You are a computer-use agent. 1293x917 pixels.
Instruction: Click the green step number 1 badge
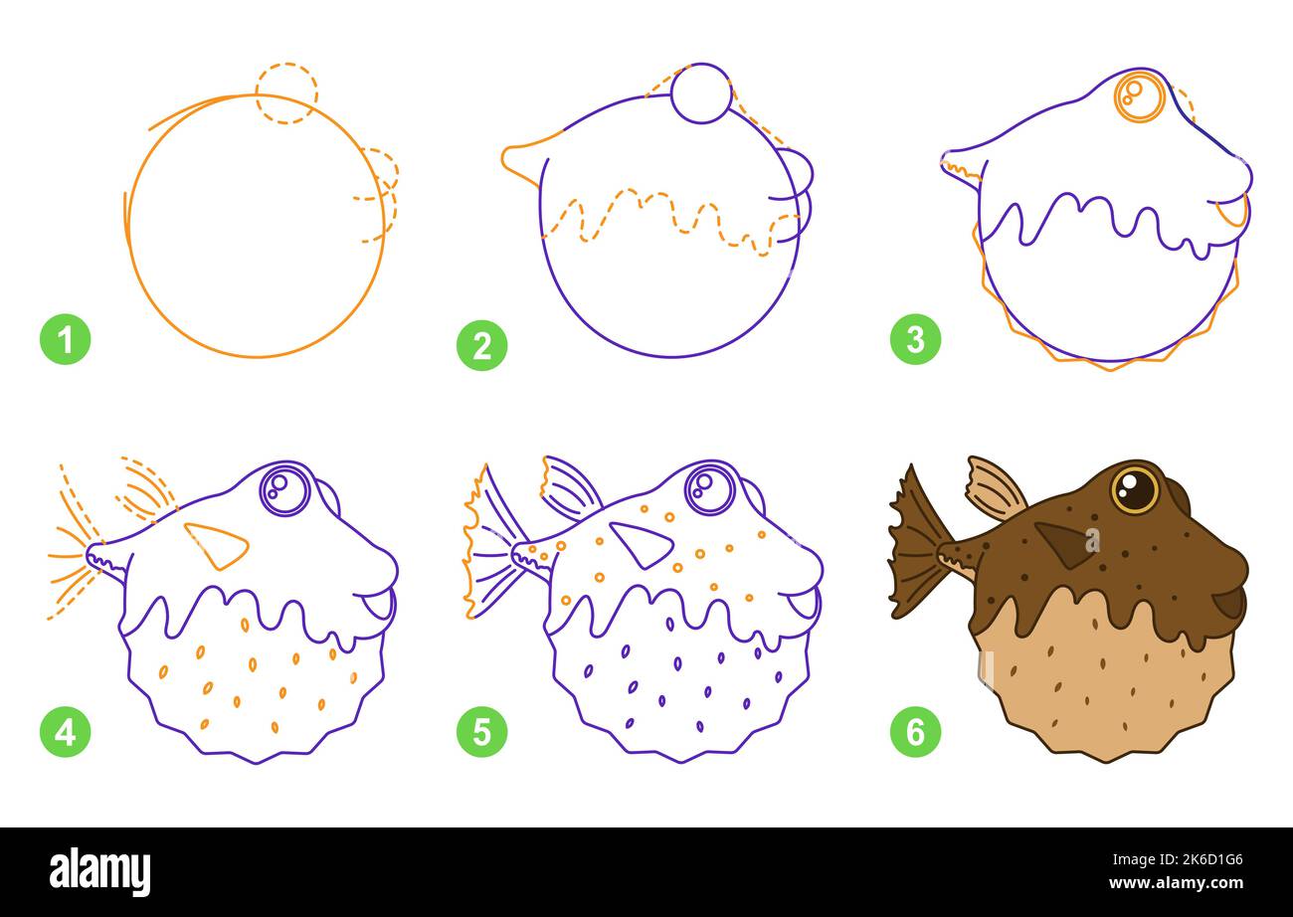[65, 340]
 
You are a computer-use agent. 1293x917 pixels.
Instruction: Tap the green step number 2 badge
[481, 346]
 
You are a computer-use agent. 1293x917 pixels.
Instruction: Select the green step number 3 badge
[915, 340]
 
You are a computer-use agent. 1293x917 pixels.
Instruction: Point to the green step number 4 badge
[65, 733]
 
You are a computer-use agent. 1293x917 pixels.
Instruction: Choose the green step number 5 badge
[481, 733]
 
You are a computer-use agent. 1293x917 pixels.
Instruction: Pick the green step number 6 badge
[915, 733]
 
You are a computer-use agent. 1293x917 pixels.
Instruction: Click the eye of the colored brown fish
[1134, 489]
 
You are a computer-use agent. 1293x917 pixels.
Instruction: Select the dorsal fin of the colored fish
[995, 488]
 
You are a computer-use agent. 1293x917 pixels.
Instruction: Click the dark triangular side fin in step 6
[1064, 543]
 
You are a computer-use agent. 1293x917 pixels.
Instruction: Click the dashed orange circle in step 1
[285, 93]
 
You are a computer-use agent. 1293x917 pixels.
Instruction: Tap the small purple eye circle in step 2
[701, 93]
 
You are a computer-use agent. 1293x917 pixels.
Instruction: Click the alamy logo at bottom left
[100, 871]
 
